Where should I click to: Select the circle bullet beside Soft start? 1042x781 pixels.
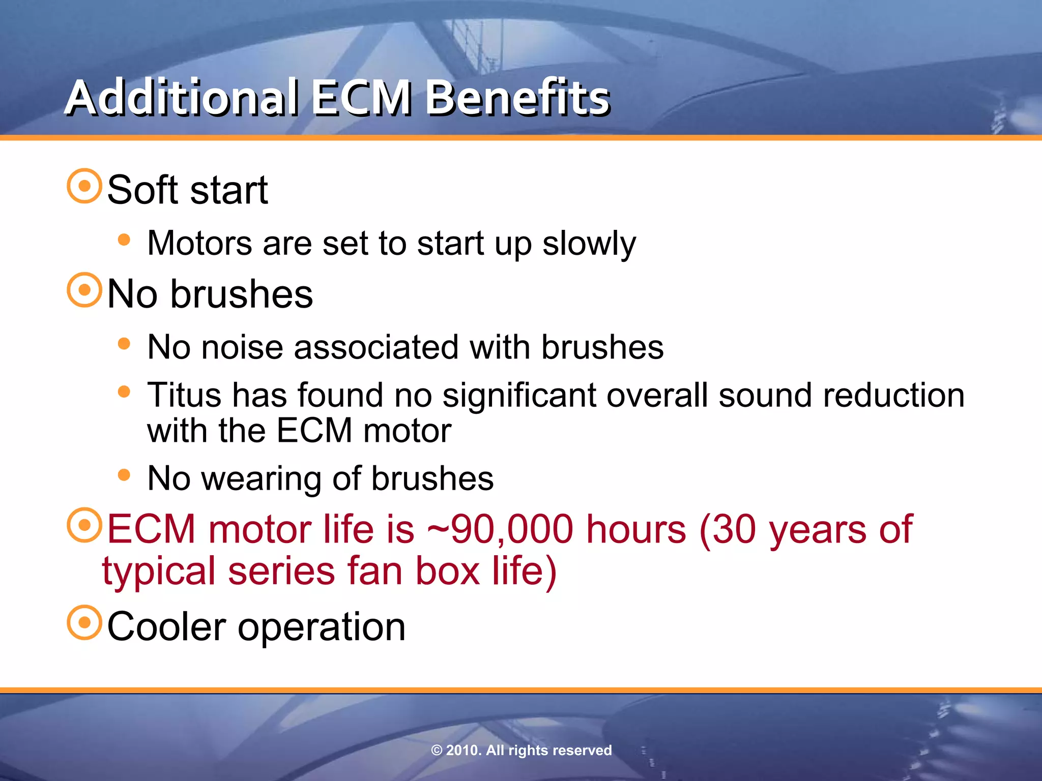[84, 186]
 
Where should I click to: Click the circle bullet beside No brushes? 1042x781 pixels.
[84, 290]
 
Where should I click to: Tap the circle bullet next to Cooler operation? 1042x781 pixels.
[84, 622]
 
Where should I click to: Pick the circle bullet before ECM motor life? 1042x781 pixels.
[84, 525]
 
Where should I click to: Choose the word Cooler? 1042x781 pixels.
[166, 626]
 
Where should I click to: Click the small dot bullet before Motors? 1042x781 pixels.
[124, 239]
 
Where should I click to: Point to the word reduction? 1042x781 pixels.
[893, 395]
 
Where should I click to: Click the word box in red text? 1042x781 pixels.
[448, 570]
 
